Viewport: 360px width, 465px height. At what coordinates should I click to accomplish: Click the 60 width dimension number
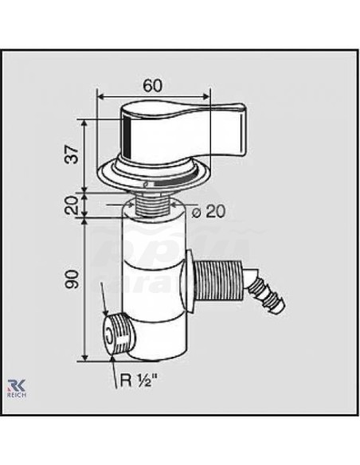click(153, 86)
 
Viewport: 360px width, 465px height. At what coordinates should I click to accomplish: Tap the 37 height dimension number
click(72, 154)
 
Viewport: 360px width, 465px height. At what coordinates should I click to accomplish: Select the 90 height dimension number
click(72, 279)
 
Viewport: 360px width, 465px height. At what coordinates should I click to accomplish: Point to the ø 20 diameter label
click(208, 212)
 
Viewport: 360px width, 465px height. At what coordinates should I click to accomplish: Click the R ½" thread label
click(139, 380)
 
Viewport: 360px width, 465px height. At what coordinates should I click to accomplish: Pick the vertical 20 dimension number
click(72, 205)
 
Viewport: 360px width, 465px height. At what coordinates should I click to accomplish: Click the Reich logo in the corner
click(17, 388)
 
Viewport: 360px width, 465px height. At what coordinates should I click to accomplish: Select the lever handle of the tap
click(184, 130)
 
